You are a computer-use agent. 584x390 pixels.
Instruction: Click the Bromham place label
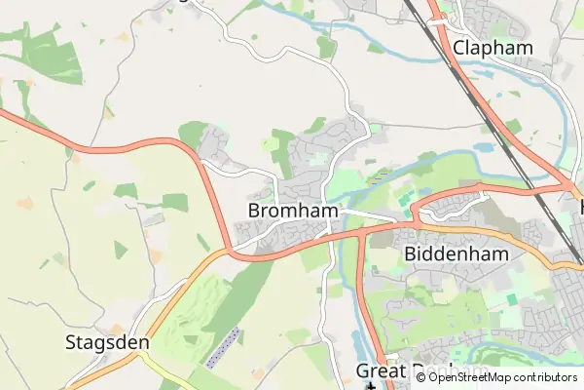click(293, 211)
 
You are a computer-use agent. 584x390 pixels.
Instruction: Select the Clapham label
click(493, 48)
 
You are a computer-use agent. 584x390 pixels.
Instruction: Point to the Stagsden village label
click(107, 342)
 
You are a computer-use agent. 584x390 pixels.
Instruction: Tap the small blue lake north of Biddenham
click(482, 149)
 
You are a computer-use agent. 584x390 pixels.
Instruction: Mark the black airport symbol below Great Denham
click(370, 386)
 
